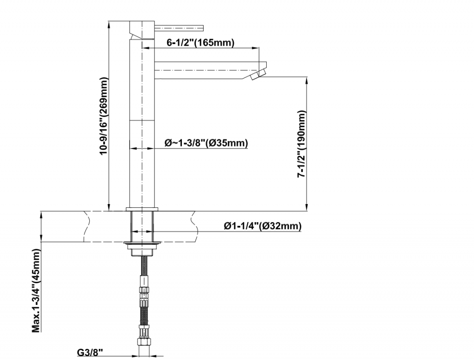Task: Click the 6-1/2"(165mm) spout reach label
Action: (x=200, y=43)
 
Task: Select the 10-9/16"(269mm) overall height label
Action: (x=104, y=116)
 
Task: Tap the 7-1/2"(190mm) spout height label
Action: (x=302, y=144)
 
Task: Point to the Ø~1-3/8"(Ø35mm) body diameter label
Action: (x=206, y=143)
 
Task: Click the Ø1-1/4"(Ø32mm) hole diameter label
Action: (x=262, y=226)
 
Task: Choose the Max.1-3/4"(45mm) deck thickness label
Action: (x=36, y=291)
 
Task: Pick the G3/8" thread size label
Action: (x=90, y=352)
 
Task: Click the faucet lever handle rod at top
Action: (x=179, y=28)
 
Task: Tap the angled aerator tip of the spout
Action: (x=257, y=74)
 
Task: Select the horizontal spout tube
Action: (x=209, y=70)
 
